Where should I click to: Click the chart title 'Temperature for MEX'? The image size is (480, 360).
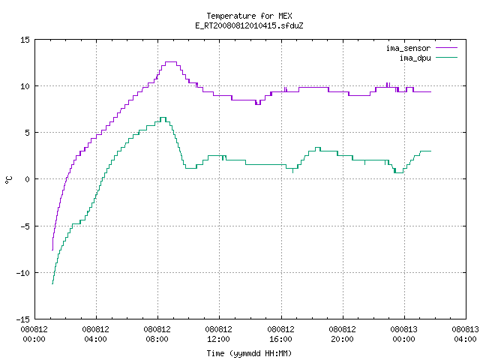tap(249, 16)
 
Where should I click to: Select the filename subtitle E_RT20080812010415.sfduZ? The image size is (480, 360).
tap(249, 25)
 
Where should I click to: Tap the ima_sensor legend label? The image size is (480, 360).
tap(408, 48)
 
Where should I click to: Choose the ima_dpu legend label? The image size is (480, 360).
tap(415, 58)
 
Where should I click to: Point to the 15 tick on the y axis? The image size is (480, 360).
tap(25, 40)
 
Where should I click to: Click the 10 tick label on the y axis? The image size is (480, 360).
tap(25, 86)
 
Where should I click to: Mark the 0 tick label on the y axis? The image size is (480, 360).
tap(27, 179)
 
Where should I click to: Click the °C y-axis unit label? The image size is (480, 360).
tap(8, 180)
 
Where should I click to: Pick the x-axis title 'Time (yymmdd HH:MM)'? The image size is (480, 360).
tap(249, 353)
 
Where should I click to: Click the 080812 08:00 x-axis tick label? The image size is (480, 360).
tap(157, 334)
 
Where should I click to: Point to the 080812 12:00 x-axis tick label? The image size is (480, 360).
tap(218, 334)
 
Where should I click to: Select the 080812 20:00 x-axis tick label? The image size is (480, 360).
tap(342, 334)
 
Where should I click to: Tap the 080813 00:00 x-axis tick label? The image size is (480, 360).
tap(403, 334)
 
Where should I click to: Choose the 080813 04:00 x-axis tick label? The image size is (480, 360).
tap(465, 334)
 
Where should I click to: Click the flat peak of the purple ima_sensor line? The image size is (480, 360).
tap(171, 62)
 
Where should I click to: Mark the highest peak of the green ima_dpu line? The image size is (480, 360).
tap(163, 118)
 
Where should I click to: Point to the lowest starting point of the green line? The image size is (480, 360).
tap(52, 283)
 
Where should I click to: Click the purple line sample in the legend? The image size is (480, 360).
tap(446, 48)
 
